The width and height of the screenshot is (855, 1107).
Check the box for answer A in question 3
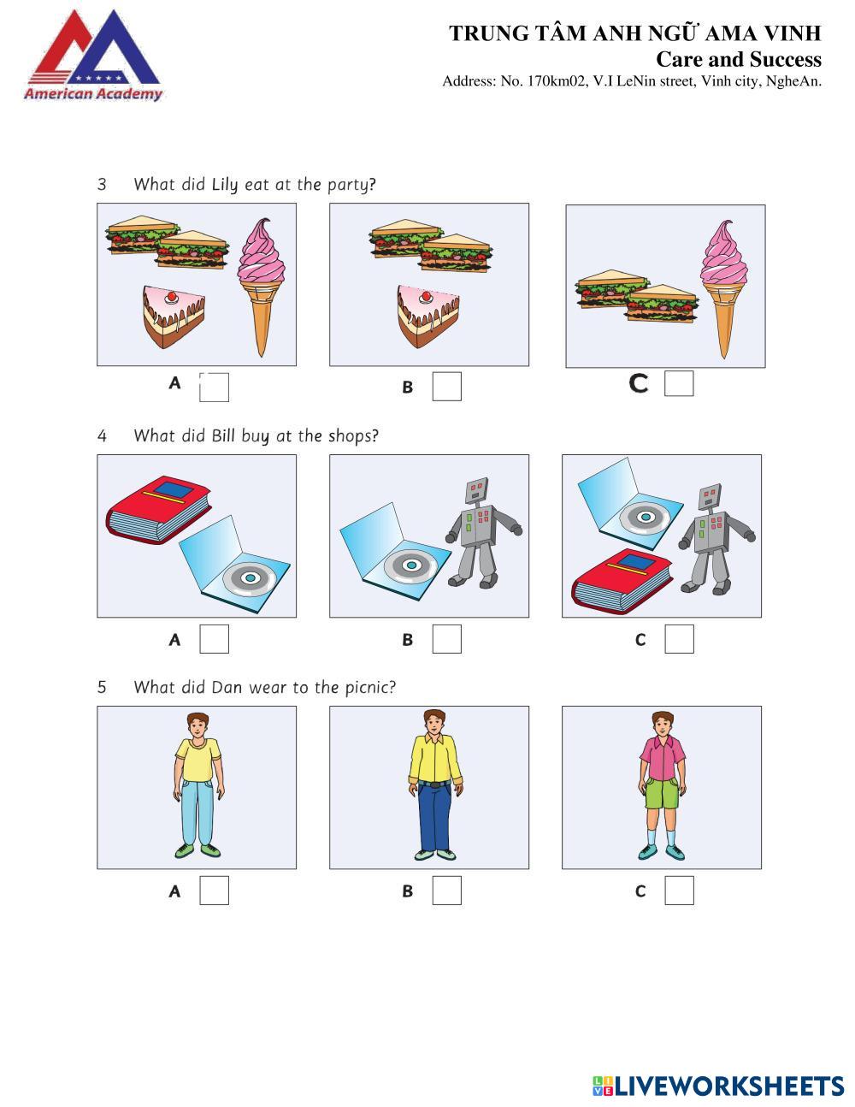[x=214, y=388]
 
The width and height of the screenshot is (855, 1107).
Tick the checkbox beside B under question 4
[x=447, y=639]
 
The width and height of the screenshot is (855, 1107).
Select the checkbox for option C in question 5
[x=679, y=891]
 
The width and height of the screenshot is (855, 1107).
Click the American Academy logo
[x=93, y=55]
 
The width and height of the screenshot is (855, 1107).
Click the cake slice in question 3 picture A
[x=174, y=317]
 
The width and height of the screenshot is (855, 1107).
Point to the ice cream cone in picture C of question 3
[x=723, y=289]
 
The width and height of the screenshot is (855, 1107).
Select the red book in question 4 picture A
[x=158, y=509]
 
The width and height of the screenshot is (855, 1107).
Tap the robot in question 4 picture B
[x=483, y=533]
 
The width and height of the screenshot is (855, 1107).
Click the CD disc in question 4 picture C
[x=645, y=517]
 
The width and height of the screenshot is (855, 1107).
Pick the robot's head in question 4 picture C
[x=710, y=498]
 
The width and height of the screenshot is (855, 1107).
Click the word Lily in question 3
[x=224, y=185]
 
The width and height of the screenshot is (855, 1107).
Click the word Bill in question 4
[x=223, y=436]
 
